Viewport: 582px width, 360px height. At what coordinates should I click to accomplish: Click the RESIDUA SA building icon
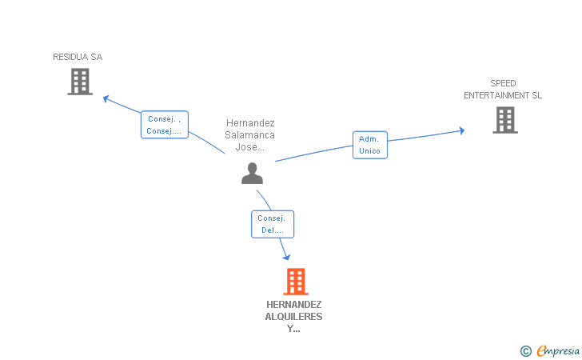(x=80, y=82)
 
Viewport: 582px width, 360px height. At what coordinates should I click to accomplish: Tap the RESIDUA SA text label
(x=78, y=57)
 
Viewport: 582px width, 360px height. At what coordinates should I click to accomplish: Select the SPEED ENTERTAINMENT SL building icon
(x=504, y=120)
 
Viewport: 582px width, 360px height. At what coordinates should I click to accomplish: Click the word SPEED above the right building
(x=503, y=83)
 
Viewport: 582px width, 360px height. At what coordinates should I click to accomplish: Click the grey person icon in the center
(x=252, y=173)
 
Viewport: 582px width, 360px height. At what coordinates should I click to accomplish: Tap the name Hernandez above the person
(x=250, y=123)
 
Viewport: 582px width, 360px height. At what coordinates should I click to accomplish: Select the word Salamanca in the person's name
(x=250, y=135)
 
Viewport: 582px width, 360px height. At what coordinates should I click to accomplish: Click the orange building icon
(x=295, y=282)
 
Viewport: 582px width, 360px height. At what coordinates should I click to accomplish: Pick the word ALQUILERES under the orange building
(x=294, y=317)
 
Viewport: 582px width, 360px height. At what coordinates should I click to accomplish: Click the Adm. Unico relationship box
(x=369, y=145)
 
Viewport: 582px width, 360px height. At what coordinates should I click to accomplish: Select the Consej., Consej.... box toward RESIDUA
(x=164, y=125)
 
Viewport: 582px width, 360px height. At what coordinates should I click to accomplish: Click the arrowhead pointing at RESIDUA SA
(x=106, y=98)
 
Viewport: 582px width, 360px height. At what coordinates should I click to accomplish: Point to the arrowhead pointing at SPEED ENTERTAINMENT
(x=460, y=130)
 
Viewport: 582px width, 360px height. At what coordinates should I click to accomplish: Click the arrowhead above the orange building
(x=285, y=256)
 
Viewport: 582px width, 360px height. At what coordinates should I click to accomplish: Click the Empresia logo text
(x=558, y=350)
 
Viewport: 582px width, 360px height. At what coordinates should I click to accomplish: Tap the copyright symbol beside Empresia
(x=525, y=350)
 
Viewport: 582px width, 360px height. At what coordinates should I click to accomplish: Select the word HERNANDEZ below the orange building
(x=294, y=305)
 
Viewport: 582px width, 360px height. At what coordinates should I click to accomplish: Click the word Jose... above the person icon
(x=250, y=147)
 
